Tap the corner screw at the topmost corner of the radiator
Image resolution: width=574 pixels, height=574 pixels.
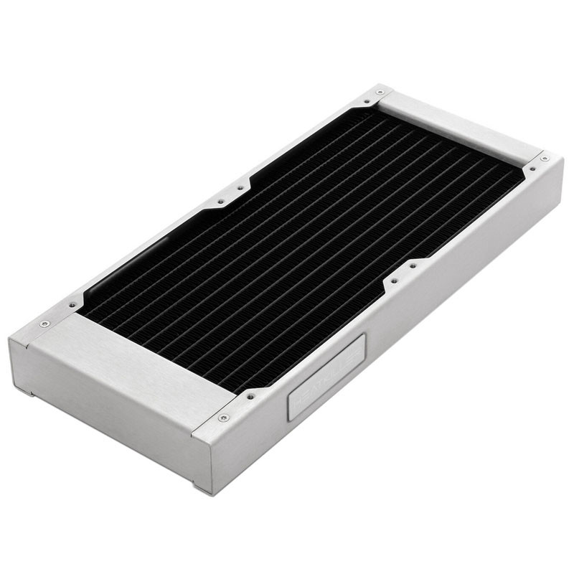point(380,93)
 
